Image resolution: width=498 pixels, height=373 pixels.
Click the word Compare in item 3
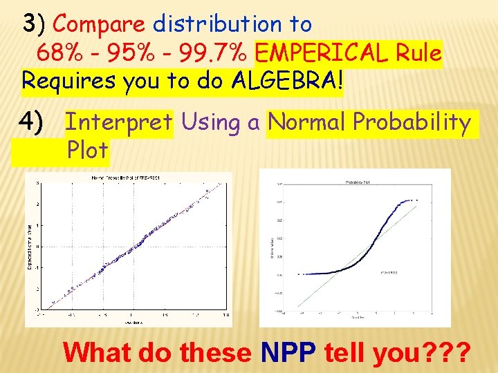click(x=99, y=24)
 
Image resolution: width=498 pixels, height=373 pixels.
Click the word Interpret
click(x=118, y=123)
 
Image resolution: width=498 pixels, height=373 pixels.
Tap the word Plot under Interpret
click(x=88, y=150)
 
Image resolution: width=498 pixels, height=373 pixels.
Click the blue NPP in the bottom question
click(x=288, y=353)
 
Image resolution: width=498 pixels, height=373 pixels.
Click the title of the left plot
click(x=129, y=178)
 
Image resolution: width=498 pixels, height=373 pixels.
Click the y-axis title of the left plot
click(x=30, y=245)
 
